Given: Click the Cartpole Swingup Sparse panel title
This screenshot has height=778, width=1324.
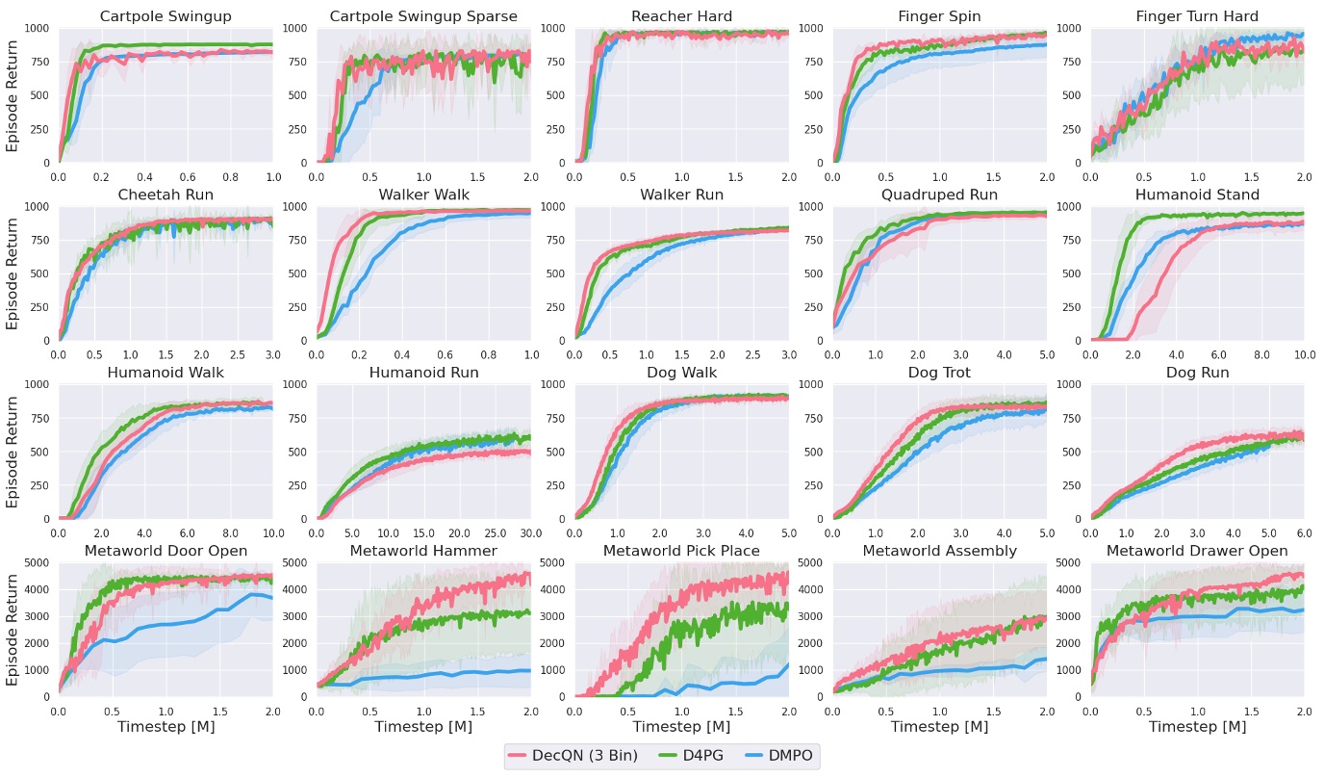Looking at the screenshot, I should pos(423,16).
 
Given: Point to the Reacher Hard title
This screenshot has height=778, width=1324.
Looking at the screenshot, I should pos(681,16).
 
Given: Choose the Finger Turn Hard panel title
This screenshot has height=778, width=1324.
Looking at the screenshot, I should pos(1197,16).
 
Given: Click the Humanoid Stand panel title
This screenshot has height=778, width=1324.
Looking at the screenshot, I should pos(1197,194).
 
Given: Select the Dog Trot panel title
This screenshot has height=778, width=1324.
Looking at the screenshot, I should pos(939,373).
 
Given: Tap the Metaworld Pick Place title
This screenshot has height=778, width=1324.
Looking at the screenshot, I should pos(681,551).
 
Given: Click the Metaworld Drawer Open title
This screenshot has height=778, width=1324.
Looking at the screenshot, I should pos(1197,551).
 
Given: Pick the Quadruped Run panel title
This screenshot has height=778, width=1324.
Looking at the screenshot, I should pos(939,194).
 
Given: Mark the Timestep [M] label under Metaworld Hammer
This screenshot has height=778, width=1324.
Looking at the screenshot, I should pos(423,727).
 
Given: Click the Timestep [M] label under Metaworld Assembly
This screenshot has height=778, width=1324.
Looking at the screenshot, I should pos(939,727).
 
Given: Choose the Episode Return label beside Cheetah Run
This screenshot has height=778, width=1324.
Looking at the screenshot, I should pos(13,273).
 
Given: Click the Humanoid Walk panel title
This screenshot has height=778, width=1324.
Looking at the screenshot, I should pos(165,373).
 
